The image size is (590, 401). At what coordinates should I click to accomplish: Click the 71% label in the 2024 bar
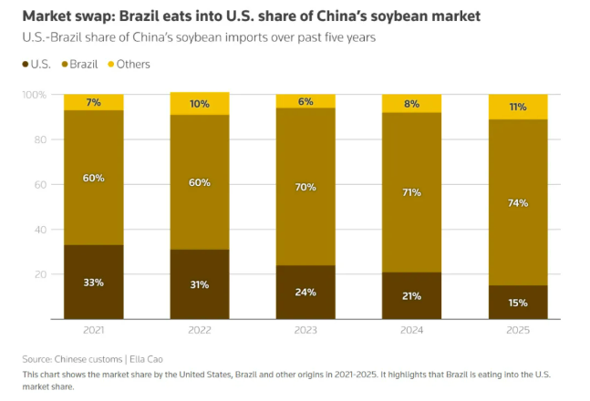[x=411, y=193]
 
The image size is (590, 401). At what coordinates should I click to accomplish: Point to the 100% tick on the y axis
[x=34, y=95]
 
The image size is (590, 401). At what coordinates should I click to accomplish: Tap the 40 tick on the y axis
[x=40, y=230]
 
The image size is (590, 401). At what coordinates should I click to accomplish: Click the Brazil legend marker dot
[x=66, y=65]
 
